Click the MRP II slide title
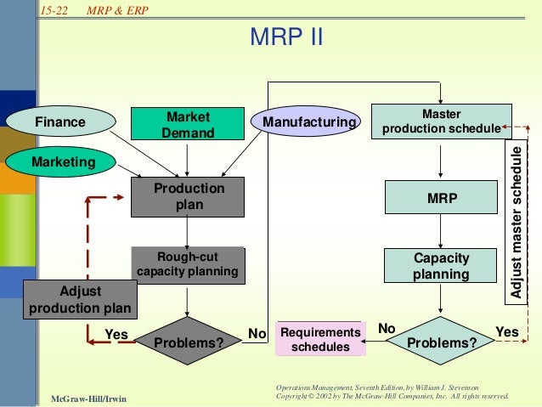point(286,38)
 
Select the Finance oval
point(59,122)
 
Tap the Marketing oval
point(63,160)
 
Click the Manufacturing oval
point(308,122)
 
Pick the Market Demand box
point(188,124)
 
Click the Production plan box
point(188,196)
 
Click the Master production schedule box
point(440,121)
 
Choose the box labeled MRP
point(440,197)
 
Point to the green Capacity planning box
point(440,265)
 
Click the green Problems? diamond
point(443,342)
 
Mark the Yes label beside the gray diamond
point(116,334)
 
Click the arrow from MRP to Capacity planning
point(440,231)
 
